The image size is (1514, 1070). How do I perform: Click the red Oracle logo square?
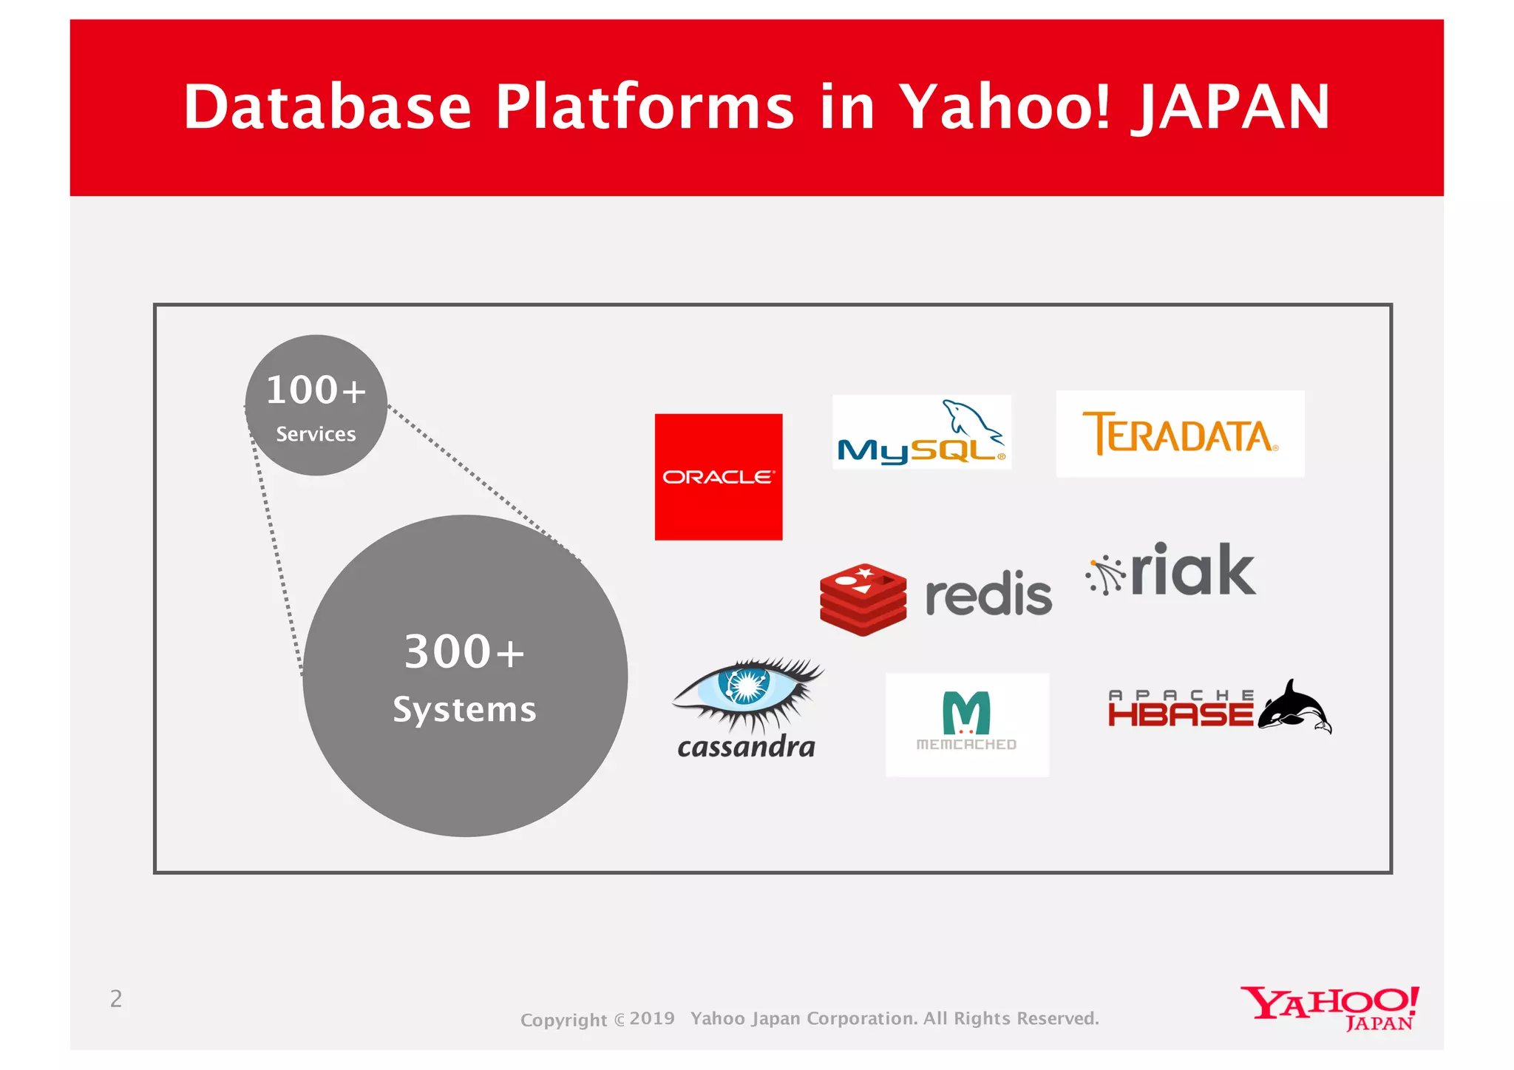tap(718, 476)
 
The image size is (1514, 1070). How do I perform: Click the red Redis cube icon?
tap(863, 599)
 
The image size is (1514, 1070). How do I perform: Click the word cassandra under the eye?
tap(746, 747)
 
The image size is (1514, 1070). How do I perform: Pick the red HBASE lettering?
tap(1180, 714)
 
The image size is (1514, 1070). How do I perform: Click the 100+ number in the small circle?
tap(316, 390)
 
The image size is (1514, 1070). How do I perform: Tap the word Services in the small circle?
tap(316, 434)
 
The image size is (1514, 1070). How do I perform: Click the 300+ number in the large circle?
tap(464, 651)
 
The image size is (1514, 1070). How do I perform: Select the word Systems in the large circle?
tap(464, 710)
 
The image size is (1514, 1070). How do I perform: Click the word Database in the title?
tap(327, 107)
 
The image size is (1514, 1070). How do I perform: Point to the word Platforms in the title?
tap(644, 107)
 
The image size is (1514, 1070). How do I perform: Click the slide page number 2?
tap(116, 999)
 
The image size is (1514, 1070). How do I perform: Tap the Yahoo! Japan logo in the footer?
tap(1330, 1007)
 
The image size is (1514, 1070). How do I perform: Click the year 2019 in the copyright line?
tap(652, 1018)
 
